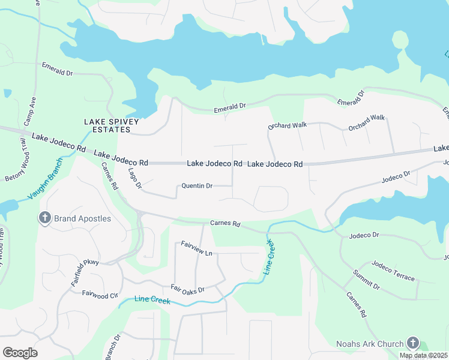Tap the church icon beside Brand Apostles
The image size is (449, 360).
point(45,218)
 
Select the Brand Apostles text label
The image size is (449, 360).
point(83,218)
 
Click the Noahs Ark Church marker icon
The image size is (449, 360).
point(412,343)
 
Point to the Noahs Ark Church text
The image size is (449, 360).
point(370,344)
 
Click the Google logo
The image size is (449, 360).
point(20,352)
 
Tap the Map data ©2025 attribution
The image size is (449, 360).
point(423,355)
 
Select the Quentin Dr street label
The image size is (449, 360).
point(197,186)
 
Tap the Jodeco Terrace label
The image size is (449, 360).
point(393,271)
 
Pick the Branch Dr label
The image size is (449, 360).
point(113,347)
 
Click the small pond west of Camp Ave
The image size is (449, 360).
point(7,94)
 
